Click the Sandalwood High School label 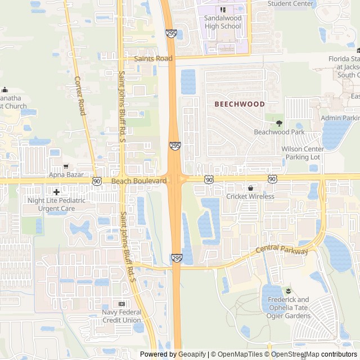(223, 22)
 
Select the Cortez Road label (80, 96)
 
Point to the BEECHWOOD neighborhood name (240, 104)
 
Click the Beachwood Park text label (279, 132)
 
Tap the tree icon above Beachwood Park (278, 123)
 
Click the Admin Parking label (340, 118)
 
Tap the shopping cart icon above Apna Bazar (66, 166)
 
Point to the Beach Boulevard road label (139, 181)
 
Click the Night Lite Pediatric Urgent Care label (57, 204)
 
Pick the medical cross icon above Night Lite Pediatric (56, 192)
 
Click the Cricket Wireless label (250, 196)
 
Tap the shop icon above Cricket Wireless (250, 188)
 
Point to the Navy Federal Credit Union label (121, 316)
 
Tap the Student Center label (290, 3)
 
